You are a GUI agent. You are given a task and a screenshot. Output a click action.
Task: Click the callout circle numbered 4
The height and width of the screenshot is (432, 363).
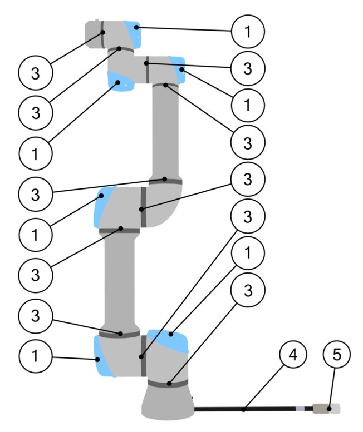pyautogui.click(x=293, y=355)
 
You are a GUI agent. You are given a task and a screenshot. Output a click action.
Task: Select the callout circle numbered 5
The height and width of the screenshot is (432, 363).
pyautogui.click(x=337, y=354)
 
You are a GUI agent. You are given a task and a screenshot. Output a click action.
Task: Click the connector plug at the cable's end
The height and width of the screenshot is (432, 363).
pyautogui.click(x=326, y=409)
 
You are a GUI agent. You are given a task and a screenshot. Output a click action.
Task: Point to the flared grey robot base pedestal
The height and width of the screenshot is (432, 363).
pyautogui.click(x=167, y=402)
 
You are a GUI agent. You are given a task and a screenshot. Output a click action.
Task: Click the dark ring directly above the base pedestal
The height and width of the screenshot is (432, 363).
pyautogui.click(x=168, y=383)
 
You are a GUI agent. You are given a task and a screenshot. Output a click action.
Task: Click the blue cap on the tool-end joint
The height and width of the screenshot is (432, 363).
pyautogui.click(x=133, y=34)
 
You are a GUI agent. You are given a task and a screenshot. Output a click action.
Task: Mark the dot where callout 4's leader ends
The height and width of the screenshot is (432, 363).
pyautogui.click(x=243, y=409)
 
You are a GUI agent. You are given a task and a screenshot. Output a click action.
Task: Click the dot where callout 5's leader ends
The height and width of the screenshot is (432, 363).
pyautogui.click(x=329, y=409)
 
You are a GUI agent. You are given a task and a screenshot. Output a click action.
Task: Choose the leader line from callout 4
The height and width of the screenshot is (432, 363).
pyautogui.click(x=264, y=387)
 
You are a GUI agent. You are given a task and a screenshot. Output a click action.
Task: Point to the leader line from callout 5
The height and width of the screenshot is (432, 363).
pyautogui.click(x=332, y=388)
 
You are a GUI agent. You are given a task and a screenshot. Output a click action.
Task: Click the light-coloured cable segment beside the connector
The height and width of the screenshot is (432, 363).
pyautogui.click(x=301, y=409)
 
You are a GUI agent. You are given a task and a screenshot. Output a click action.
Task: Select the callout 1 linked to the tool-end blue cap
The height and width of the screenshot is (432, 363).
pyautogui.click(x=248, y=31)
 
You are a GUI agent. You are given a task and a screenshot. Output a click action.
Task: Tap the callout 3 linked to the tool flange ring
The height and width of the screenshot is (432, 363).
pyautogui.click(x=35, y=73)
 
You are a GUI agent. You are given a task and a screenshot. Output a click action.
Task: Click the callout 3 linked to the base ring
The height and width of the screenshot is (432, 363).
pyautogui.click(x=248, y=290)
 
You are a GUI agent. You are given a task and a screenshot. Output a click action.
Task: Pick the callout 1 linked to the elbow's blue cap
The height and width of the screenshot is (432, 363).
pyautogui.click(x=35, y=235)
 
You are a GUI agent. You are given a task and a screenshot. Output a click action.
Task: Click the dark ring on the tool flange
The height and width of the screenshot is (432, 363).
pyautogui.click(x=102, y=34)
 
